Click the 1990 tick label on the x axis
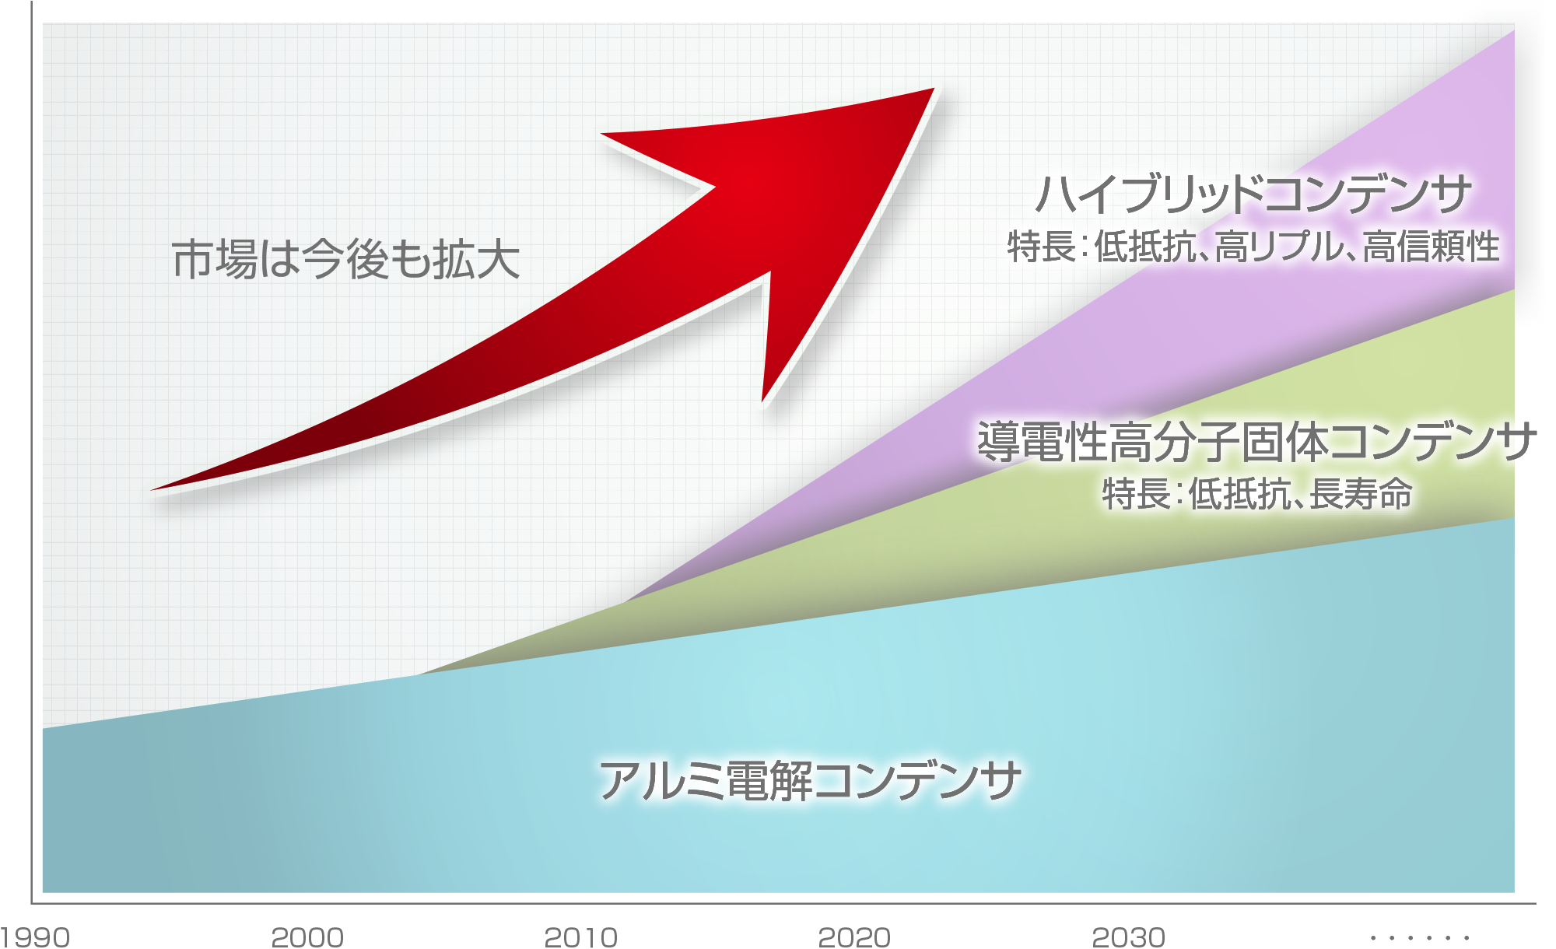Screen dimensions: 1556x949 click(x=35, y=937)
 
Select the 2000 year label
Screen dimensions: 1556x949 click(x=307, y=937)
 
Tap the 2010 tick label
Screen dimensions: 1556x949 click(x=581, y=937)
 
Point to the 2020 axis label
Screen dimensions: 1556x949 click(x=854, y=937)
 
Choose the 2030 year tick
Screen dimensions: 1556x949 click(x=1129, y=937)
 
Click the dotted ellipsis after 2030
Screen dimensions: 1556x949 click(x=1420, y=938)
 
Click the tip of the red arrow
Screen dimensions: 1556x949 click(x=934, y=89)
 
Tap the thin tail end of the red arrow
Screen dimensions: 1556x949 click(x=152, y=489)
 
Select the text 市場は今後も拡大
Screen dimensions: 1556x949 click(x=345, y=259)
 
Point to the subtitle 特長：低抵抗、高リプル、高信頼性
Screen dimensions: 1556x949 click(x=1253, y=247)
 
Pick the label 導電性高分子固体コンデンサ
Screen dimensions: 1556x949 click(x=1256, y=441)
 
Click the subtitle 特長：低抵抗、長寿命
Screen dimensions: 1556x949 click(x=1257, y=494)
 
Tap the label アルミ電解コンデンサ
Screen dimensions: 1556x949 click(x=809, y=780)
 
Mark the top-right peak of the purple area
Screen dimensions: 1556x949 click(x=1513, y=31)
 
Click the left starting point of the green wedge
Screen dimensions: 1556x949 click(x=418, y=674)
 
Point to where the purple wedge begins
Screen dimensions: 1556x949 click(x=625, y=601)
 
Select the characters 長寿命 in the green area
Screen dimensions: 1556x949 click(x=1361, y=494)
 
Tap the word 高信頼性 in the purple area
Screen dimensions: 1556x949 click(x=1432, y=247)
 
